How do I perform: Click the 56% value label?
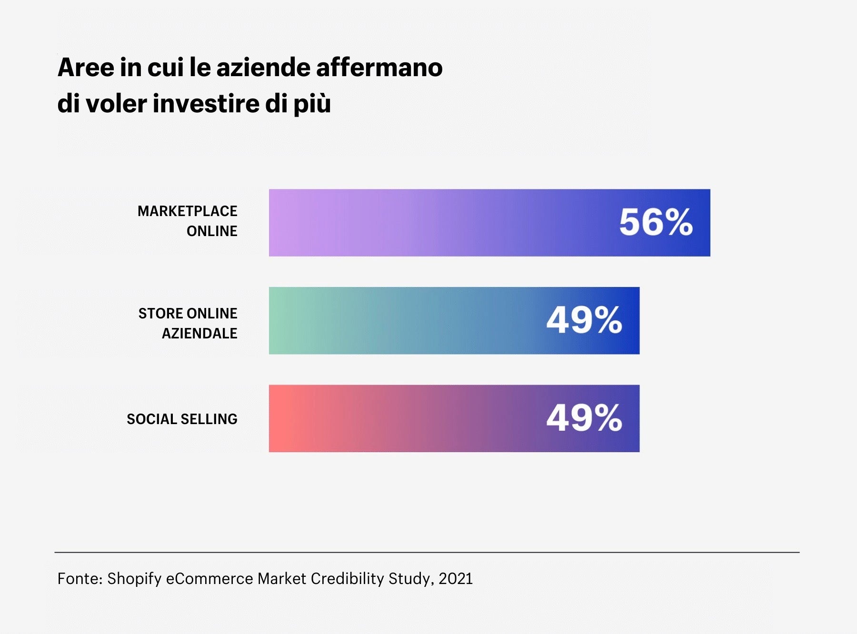[656, 222]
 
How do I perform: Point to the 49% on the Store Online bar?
[584, 320]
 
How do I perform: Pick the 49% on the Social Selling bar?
[584, 418]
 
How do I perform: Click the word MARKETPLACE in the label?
[187, 211]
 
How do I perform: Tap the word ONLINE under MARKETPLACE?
[212, 231]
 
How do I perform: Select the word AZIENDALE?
[199, 334]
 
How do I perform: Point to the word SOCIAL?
[151, 419]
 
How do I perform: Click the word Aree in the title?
[86, 67]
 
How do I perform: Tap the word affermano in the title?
[379, 67]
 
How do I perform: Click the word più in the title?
[312, 104]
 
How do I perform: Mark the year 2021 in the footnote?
[456, 579]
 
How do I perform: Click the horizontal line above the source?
[427, 553]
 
